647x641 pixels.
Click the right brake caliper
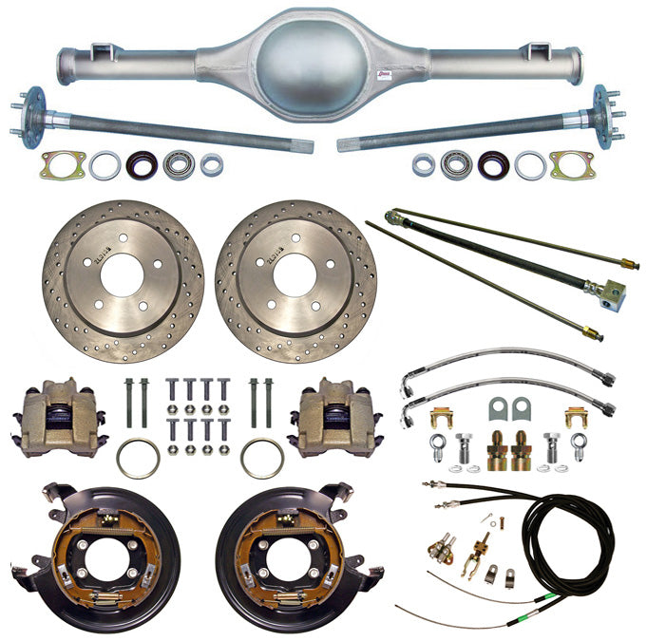pyautogui.click(x=337, y=415)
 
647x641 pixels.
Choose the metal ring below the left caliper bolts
pyautogui.click(x=139, y=459)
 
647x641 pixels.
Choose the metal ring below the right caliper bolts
pyautogui.click(x=261, y=459)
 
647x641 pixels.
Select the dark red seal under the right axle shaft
pyautogui.click(x=492, y=165)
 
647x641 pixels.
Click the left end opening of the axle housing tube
pyautogui.click(x=66, y=66)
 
